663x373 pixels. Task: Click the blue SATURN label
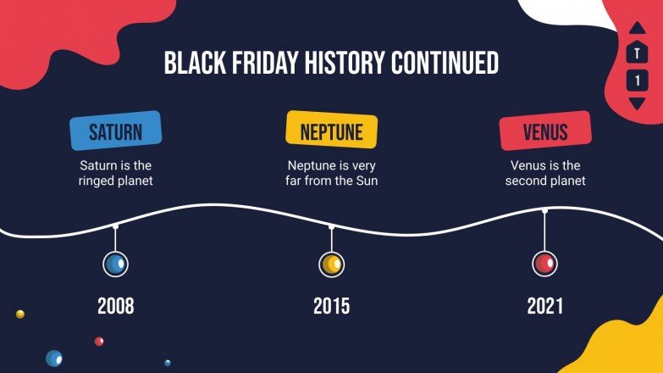point(115,131)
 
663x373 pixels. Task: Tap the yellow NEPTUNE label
point(331,131)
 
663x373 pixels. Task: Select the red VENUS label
point(544,132)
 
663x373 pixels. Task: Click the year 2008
point(115,306)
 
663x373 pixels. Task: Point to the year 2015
point(331,306)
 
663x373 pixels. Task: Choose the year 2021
point(544,306)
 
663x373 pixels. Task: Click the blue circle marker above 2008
point(115,264)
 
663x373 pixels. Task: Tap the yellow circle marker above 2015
point(331,264)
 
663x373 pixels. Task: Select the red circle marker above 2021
point(544,264)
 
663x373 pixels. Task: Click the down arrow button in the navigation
point(637,103)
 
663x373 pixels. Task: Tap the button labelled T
point(637,53)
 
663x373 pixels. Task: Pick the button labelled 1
point(637,81)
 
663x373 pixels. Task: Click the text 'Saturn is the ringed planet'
point(115,173)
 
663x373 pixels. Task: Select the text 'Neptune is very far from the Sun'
point(331,173)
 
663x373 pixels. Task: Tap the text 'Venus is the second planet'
point(544,173)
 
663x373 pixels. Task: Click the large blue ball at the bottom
point(54,359)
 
